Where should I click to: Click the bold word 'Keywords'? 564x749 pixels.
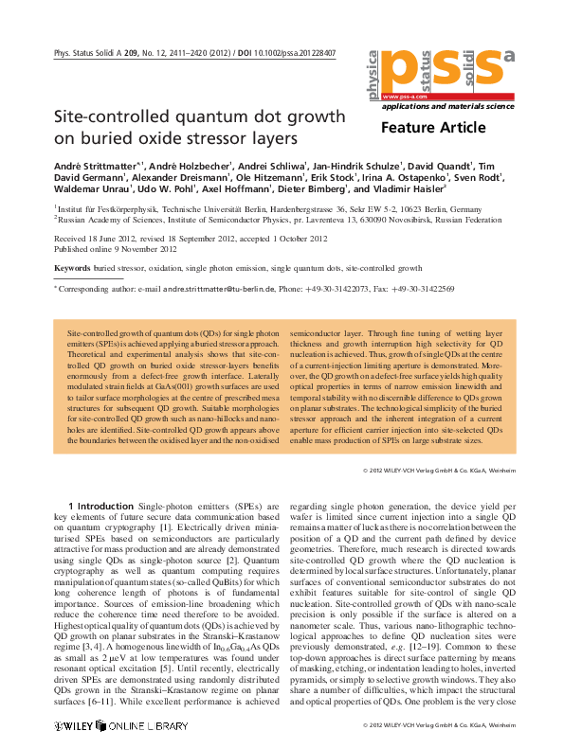[x=72, y=269]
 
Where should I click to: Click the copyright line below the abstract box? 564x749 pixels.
[x=439, y=470]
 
